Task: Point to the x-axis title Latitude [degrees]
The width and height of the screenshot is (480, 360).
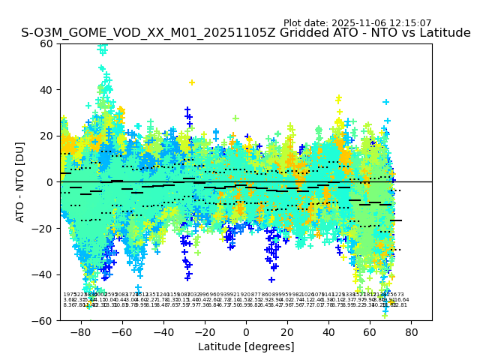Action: point(246,346)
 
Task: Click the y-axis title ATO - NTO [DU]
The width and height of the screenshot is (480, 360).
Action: point(21,181)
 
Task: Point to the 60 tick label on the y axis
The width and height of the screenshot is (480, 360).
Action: point(46,43)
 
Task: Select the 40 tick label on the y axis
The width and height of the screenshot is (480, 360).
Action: point(46,90)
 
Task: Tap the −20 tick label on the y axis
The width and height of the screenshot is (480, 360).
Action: point(43,229)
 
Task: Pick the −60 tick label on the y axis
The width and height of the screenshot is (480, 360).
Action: point(43,320)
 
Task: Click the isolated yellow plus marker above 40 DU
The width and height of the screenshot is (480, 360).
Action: point(191,82)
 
